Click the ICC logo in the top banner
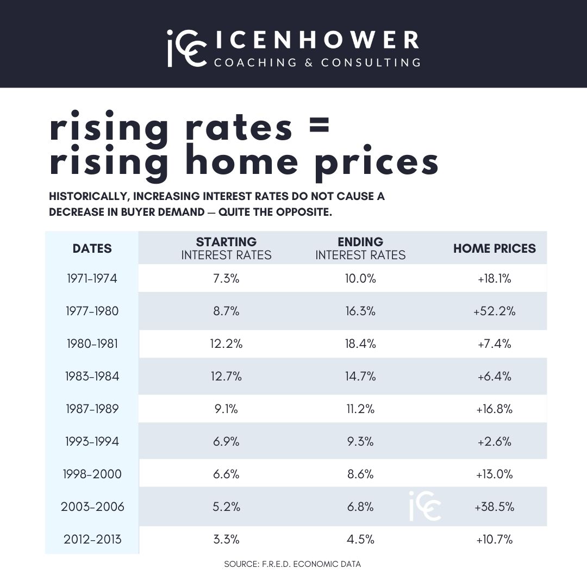[x=186, y=48]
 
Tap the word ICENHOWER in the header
[x=316, y=40]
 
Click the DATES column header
[x=92, y=248]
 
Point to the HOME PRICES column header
[x=494, y=248]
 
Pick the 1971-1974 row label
[x=92, y=279]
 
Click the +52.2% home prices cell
[x=494, y=311]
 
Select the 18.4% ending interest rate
[x=360, y=344]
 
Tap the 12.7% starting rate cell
[x=226, y=376]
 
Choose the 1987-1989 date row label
[x=92, y=409]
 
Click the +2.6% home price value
[x=494, y=441]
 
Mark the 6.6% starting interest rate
[x=226, y=474]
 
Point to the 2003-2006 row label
[x=92, y=507]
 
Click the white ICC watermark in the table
[x=425, y=506]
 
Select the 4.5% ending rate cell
[x=360, y=539]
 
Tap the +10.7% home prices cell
[x=494, y=539]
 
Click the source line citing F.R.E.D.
[x=292, y=564]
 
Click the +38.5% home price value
[x=494, y=507]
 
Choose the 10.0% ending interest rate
[x=360, y=279]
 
